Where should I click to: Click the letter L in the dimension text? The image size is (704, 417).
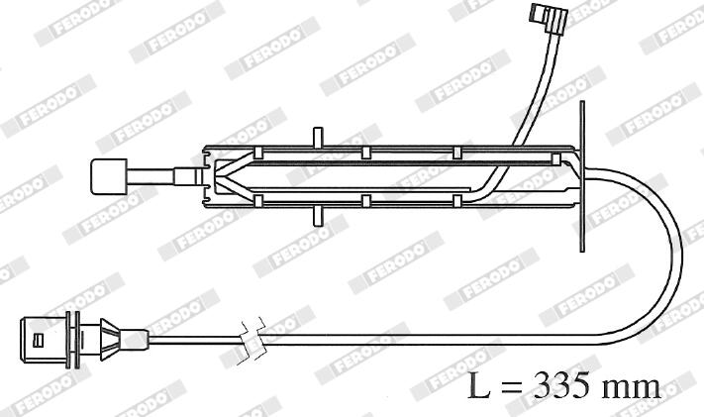pyautogui.click(x=478, y=385)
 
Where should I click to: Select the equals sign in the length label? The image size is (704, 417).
pyautogui.click(x=512, y=386)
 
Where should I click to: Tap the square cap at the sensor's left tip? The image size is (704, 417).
pyautogui.click(x=109, y=176)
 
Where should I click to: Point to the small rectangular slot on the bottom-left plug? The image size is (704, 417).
pyautogui.click(x=39, y=340)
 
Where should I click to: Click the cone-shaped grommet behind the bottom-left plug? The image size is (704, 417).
pyautogui.click(x=110, y=340)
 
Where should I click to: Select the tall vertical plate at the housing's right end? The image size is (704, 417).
pyautogui.click(x=582, y=176)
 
